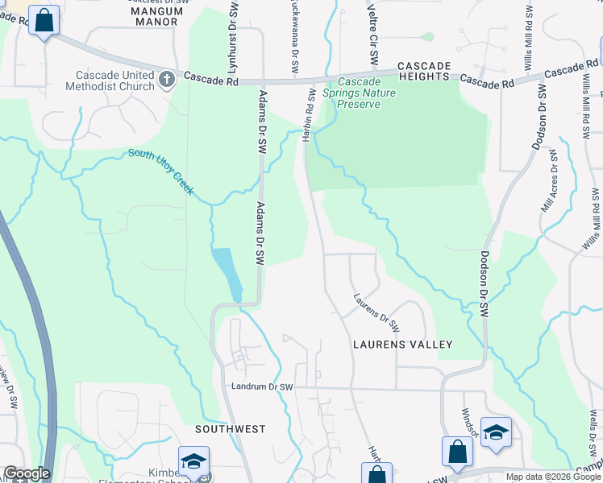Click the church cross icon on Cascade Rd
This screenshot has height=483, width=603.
coord(167,79)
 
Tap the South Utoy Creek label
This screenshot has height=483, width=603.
coord(161,171)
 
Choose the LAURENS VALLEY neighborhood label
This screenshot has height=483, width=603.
coord(403,344)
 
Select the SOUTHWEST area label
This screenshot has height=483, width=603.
coord(230,429)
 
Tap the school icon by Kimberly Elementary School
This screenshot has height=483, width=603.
coord(193,461)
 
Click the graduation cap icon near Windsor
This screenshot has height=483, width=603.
coord(496,432)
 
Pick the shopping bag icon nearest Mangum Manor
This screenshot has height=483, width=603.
coord(45,20)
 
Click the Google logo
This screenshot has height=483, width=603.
coord(27,473)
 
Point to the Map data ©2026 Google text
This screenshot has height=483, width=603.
coord(551,477)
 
